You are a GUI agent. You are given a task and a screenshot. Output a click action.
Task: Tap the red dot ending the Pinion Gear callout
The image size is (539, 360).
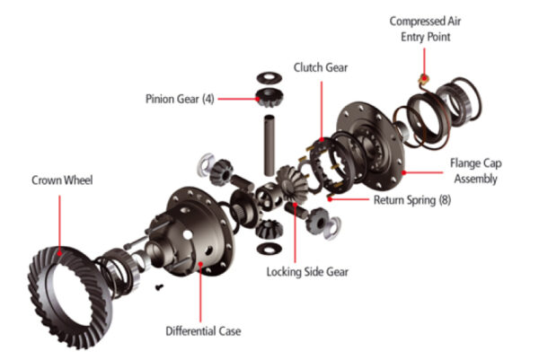(x=256, y=97)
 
